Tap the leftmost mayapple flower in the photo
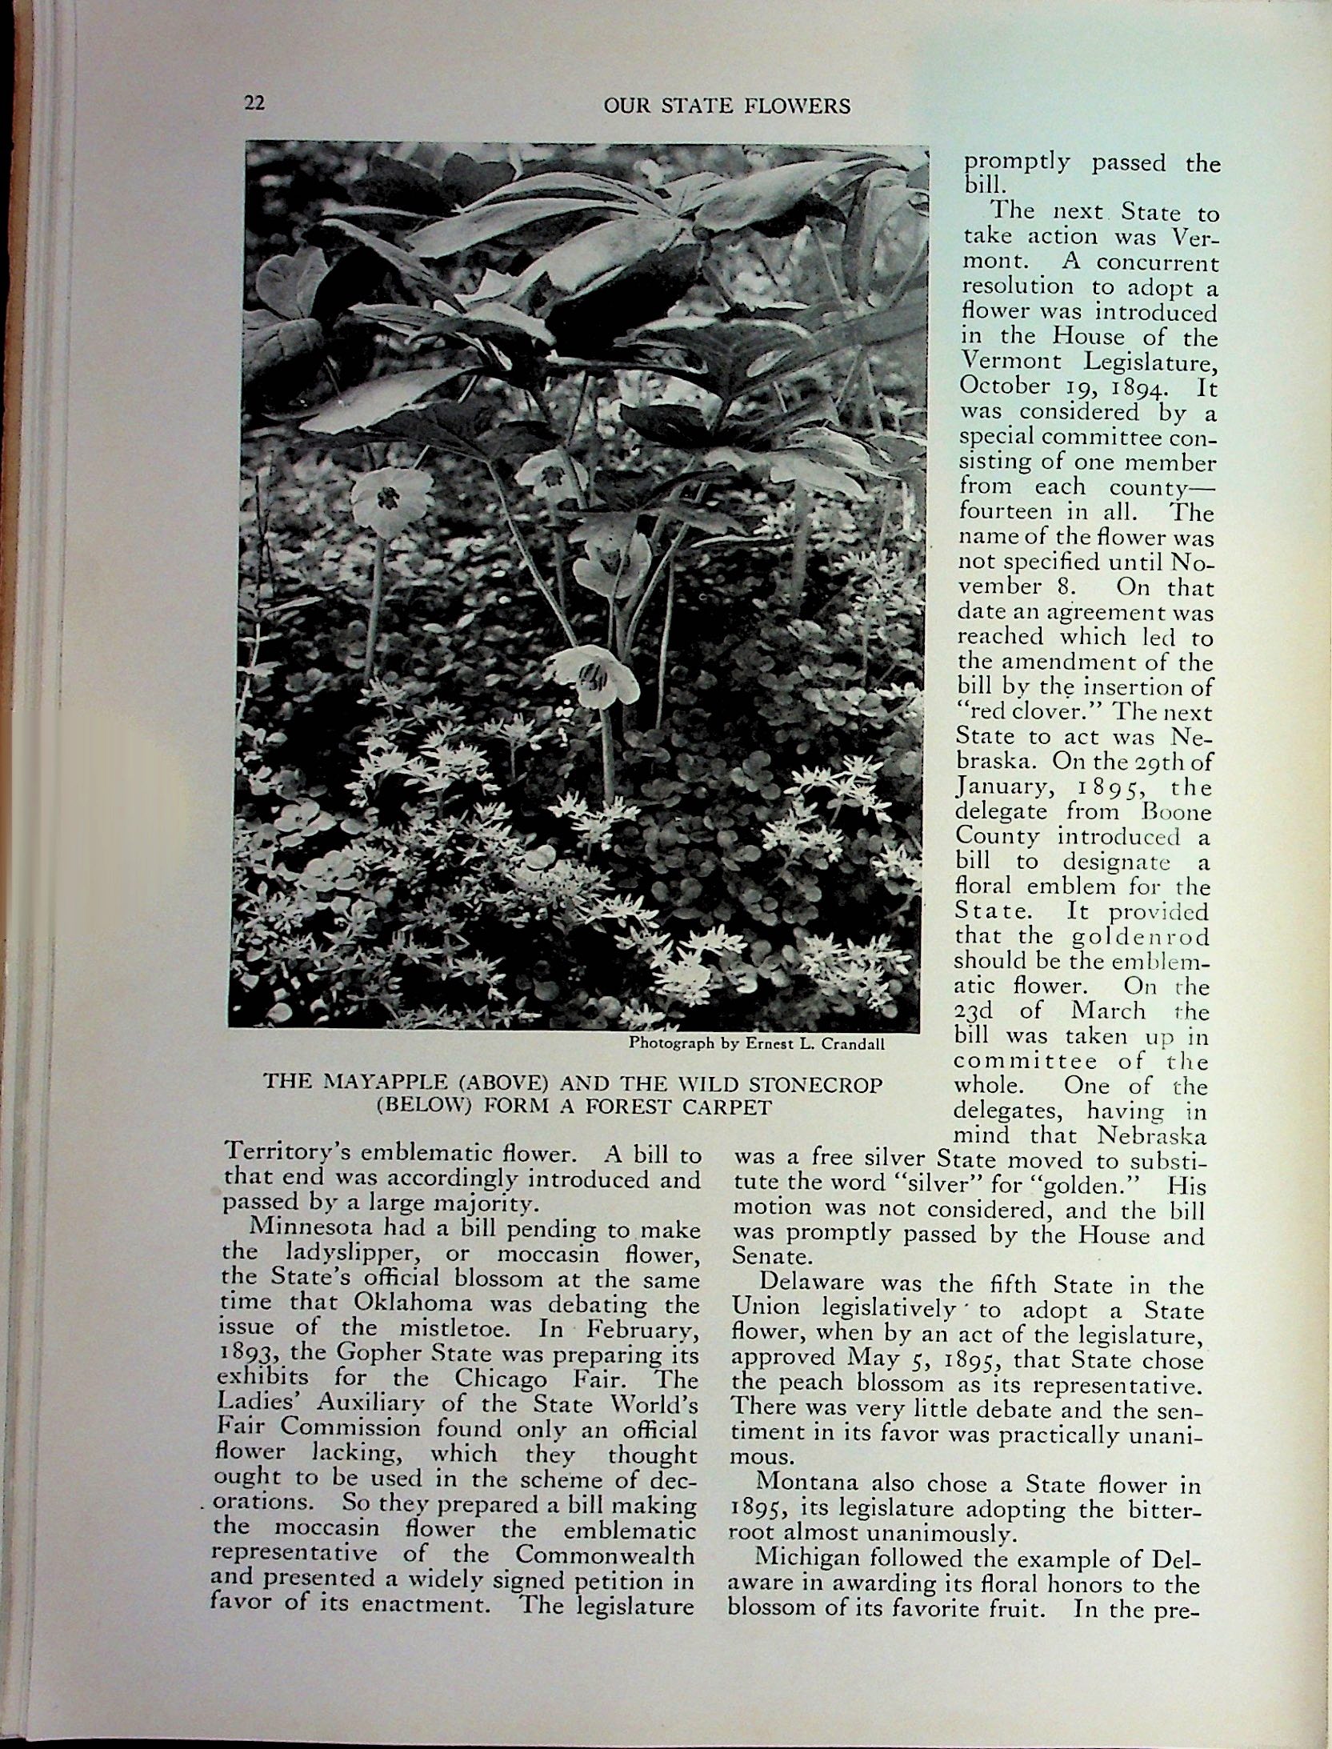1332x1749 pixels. [x=394, y=498]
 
